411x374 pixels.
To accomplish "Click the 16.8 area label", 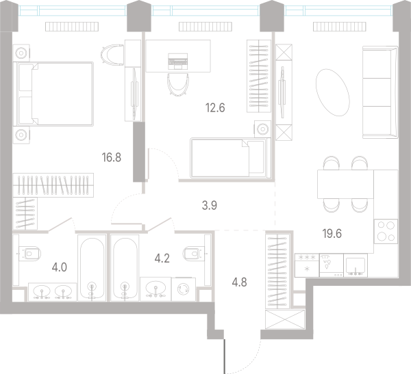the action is (x=112, y=157).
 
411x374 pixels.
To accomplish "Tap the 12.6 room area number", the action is (x=215, y=107).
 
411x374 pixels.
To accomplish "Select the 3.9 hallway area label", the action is (x=210, y=205).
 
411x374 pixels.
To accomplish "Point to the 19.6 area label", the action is (x=332, y=233).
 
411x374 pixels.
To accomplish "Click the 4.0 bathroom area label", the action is (x=60, y=267).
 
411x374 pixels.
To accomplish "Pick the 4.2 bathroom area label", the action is (x=162, y=258).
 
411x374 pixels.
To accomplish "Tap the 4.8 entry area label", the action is (x=239, y=282).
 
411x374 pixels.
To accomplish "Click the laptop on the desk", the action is (x=178, y=62).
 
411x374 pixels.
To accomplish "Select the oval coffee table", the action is (x=333, y=92).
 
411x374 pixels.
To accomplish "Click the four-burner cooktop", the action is (x=386, y=231).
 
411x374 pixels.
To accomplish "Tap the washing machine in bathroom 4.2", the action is (x=184, y=289).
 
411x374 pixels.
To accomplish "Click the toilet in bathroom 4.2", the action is (x=195, y=254).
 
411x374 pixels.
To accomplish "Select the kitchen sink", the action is (x=356, y=265).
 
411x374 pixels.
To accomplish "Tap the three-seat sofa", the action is (x=380, y=92).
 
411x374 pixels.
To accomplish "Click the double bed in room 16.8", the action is (x=55, y=94).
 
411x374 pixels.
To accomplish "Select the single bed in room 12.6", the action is (x=230, y=158).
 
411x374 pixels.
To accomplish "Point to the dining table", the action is (x=345, y=184).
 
